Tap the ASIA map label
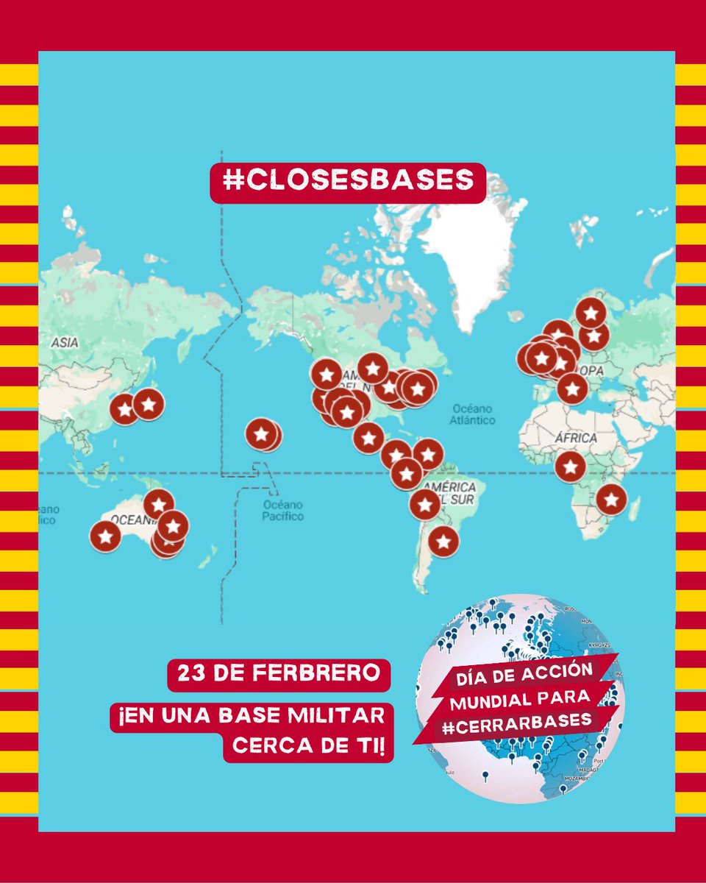(x=65, y=343)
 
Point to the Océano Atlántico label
(x=474, y=414)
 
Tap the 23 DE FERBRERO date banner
(x=279, y=674)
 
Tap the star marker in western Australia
(x=105, y=536)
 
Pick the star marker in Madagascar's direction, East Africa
(x=610, y=500)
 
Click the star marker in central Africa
(x=570, y=467)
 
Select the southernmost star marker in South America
(x=443, y=542)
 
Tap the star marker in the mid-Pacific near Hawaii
(x=261, y=434)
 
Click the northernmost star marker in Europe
(x=591, y=313)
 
